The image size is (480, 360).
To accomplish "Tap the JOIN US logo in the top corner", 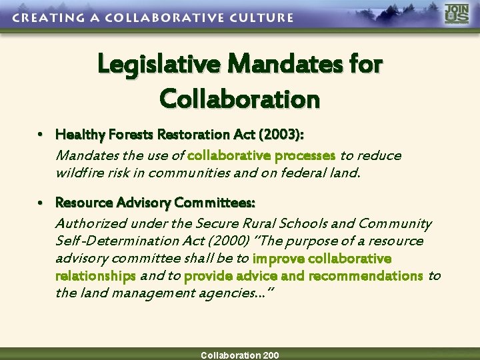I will (457, 14).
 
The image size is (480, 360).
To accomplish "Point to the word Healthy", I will (77, 135).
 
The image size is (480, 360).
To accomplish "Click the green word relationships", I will (95, 275).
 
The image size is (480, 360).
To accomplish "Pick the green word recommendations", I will (365, 275).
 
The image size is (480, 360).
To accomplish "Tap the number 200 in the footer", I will (271, 355).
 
